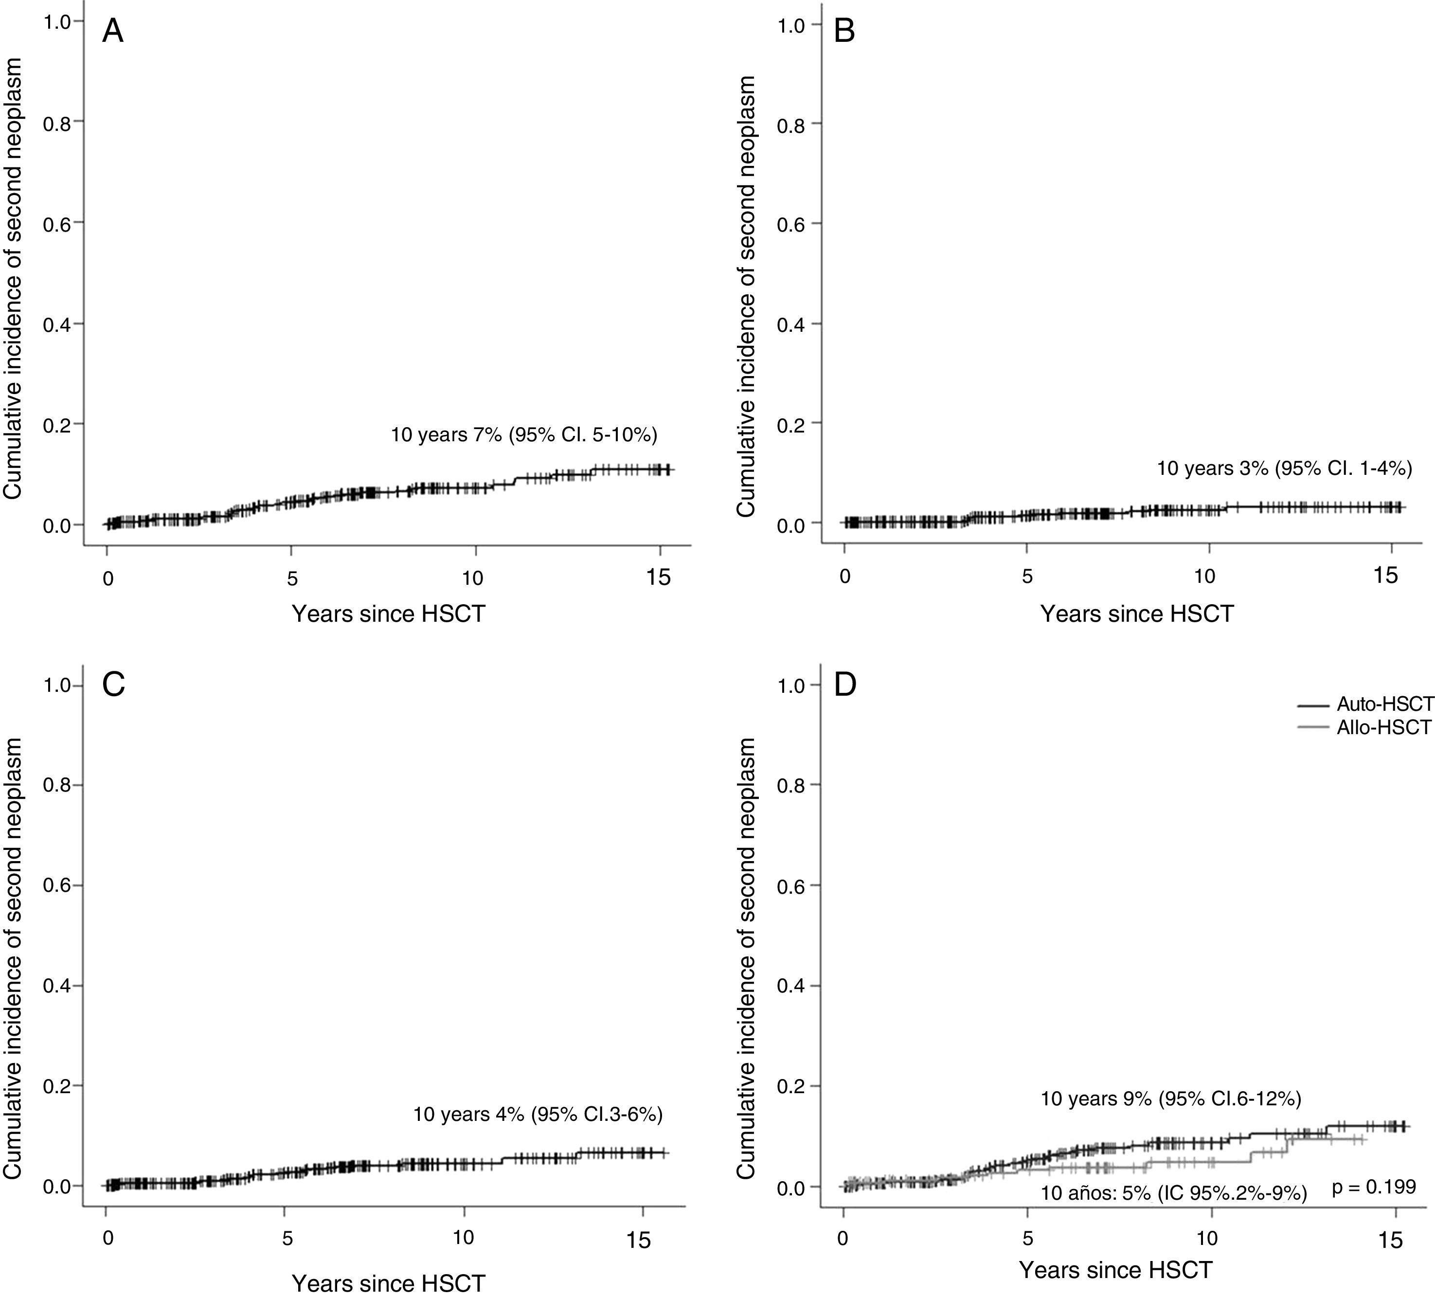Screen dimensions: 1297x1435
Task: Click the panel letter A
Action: (x=113, y=32)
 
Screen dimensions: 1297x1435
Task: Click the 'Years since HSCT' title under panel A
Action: (x=388, y=613)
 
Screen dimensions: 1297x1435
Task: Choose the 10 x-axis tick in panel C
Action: (x=464, y=1237)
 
